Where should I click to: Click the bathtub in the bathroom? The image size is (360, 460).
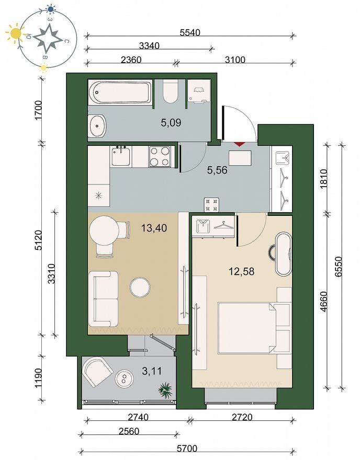coord(120,92)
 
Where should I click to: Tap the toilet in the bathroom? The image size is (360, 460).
coord(171,91)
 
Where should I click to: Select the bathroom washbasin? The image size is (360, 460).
coord(97,126)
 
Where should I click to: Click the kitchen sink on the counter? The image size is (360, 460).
coord(121,156)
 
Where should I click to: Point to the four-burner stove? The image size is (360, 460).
coord(160,156)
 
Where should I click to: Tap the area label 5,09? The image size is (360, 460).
coord(171,122)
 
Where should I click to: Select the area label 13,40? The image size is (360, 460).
coord(154,228)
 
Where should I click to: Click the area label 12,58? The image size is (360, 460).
coord(241,271)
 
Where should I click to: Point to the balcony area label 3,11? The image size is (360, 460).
coord(152,371)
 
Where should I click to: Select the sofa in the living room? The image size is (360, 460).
coord(103,299)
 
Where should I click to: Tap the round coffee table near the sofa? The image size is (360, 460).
coord(140,287)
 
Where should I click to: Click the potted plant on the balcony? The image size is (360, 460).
coord(165,389)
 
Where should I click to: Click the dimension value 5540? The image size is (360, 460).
coord(190,32)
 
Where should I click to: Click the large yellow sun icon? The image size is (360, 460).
coord(15,33)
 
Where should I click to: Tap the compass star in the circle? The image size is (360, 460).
coord(48,39)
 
